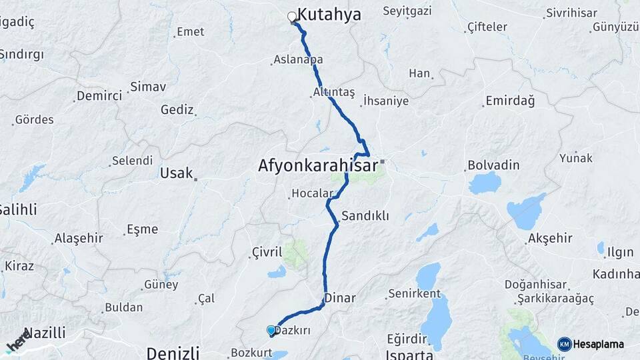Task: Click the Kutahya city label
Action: (x=329, y=15)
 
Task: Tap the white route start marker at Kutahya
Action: (x=292, y=17)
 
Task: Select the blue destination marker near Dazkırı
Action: (x=271, y=330)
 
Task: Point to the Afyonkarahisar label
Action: (x=318, y=166)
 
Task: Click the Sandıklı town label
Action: (x=365, y=216)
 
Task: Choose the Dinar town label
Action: (x=340, y=298)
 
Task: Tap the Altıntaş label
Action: (x=333, y=92)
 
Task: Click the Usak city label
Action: (x=176, y=173)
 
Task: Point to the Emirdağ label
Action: (x=510, y=101)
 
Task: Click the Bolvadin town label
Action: (x=493, y=164)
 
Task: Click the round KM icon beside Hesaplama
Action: (x=565, y=344)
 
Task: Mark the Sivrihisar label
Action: (x=569, y=13)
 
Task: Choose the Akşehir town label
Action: (x=550, y=239)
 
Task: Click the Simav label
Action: (x=148, y=87)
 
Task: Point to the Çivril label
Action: (x=269, y=252)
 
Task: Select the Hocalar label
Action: (x=311, y=194)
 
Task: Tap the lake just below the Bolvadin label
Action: (x=485, y=182)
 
